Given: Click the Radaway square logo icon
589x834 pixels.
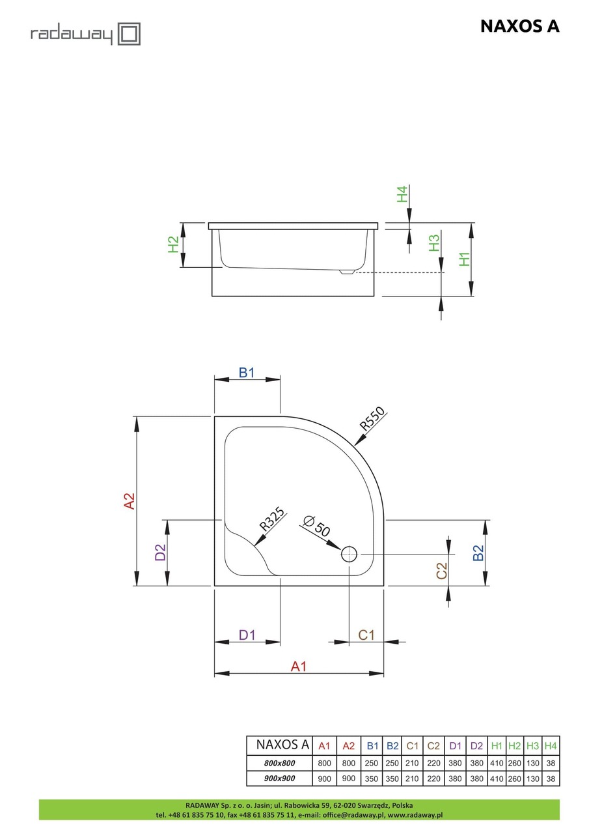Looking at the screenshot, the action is pos(129,34).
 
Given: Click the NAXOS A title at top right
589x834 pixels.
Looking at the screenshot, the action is pos(519,27).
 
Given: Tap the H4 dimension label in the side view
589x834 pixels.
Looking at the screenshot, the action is pos(402,194).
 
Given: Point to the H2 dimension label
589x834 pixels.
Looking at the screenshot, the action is pos(173,244).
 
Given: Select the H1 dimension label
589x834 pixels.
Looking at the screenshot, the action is pos(465,259).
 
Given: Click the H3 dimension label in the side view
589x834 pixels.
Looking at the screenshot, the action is pos(434,242).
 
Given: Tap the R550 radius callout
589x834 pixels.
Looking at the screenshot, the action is pos(372,418).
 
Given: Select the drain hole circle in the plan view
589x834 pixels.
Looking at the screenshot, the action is pos(349,554).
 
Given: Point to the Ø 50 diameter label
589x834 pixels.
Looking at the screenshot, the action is pos(316,526).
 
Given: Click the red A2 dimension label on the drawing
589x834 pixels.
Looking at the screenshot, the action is pos(130,501).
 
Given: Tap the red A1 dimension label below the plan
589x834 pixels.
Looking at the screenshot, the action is pos(299,666).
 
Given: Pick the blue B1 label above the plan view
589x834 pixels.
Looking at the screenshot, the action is pos(246,373).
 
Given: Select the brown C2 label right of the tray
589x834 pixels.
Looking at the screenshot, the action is pos(441,571).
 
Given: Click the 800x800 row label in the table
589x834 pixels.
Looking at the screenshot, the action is pos(279,763).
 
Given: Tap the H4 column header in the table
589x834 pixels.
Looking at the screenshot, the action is pos(551,746).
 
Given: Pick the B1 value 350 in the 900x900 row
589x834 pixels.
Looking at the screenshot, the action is pos(371,779).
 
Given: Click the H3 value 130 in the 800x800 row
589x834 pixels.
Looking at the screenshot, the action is pos(532,763).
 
